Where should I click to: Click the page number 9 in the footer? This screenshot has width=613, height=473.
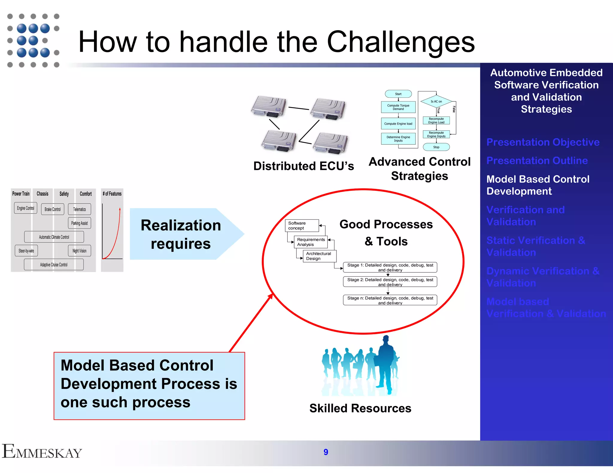pyautogui.click(x=326, y=452)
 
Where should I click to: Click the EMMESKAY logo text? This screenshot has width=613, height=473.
pyautogui.click(x=42, y=451)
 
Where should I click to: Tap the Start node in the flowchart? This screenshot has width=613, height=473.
pyautogui.click(x=398, y=94)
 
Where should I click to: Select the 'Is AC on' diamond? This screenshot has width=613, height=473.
pyautogui.click(x=436, y=101)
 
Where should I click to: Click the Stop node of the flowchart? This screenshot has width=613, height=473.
pyautogui.click(x=436, y=147)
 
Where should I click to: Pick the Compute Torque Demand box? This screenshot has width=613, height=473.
pyautogui.click(x=398, y=107)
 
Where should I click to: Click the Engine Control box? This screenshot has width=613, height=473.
pyautogui.click(x=25, y=208)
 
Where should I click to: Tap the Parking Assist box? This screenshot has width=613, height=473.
pyautogui.click(x=79, y=223)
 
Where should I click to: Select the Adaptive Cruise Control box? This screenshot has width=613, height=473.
pyautogui.click(x=54, y=265)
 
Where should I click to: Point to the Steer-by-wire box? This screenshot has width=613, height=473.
pyautogui.click(x=26, y=251)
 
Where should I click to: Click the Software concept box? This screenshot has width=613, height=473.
pyautogui.click(x=302, y=226)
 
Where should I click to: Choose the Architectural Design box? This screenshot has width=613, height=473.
pyautogui.click(x=319, y=256)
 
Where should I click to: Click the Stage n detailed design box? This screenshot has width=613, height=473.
pyautogui.click(x=390, y=300)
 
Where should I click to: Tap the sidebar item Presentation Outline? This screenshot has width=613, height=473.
pyautogui.click(x=537, y=161)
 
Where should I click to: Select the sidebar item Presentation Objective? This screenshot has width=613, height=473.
pyautogui.click(x=543, y=142)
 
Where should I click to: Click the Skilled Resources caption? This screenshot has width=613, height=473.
pyautogui.click(x=360, y=408)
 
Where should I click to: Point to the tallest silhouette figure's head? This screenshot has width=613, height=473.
pyautogui.click(x=386, y=339)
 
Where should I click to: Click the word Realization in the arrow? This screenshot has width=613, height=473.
pyautogui.click(x=181, y=225)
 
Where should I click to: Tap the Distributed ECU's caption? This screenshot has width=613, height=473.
pyautogui.click(x=304, y=166)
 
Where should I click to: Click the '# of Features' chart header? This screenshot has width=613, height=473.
pyautogui.click(x=112, y=194)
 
